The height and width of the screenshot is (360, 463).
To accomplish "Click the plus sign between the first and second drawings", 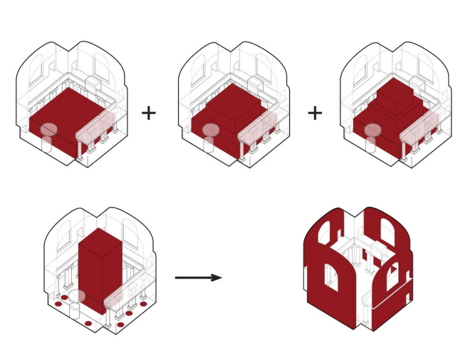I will (x=148, y=113).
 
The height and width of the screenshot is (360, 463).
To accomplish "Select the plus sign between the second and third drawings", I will (x=315, y=113).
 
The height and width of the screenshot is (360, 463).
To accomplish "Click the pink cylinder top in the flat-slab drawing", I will (x=48, y=130).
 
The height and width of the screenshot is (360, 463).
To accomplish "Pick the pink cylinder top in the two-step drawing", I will (x=211, y=130).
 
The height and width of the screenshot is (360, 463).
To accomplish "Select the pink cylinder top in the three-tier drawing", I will (x=373, y=130).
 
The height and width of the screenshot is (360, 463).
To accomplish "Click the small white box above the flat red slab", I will (x=93, y=85).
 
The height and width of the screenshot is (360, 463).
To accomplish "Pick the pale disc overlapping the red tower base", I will (x=77, y=296).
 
